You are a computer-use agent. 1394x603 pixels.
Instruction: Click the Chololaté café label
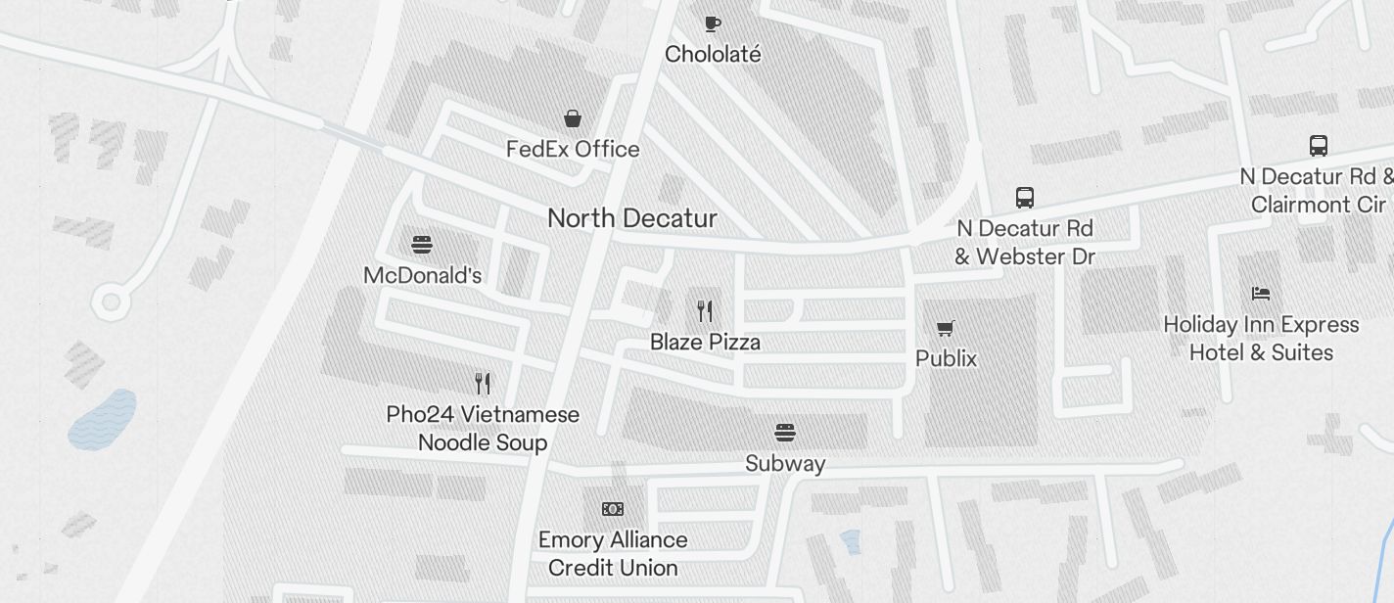(x=713, y=55)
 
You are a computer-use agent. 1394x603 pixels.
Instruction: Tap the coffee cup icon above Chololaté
(x=713, y=23)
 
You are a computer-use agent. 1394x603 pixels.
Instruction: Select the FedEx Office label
(x=573, y=150)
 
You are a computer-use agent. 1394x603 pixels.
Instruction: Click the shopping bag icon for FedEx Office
(x=573, y=118)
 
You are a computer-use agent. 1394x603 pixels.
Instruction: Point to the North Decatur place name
(x=632, y=218)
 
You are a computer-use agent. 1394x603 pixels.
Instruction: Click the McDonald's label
(x=422, y=276)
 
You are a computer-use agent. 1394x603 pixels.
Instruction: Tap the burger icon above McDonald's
(x=422, y=244)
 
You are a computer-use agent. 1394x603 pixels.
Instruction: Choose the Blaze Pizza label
(x=705, y=343)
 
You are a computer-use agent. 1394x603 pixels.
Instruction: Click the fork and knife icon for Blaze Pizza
(x=705, y=311)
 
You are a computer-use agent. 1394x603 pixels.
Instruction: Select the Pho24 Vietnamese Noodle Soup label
(x=483, y=429)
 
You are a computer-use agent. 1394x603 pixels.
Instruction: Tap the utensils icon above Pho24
(x=482, y=383)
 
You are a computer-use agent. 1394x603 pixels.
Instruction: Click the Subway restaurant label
(x=785, y=464)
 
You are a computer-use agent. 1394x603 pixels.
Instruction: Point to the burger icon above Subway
(x=785, y=432)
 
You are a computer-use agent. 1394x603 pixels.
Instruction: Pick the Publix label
(x=946, y=359)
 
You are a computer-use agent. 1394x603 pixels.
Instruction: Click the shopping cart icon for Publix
(x=946, y=328)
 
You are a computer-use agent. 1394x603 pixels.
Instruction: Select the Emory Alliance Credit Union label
(x=613, y=554)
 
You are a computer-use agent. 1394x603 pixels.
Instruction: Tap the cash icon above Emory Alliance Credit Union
(x=613, y=509)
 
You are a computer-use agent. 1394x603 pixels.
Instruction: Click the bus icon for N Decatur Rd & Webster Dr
(x=1025, y=198)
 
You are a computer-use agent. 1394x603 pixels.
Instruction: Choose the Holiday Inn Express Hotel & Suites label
(x=1261, y=339)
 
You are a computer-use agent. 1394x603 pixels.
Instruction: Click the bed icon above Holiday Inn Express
(x=1261, y=293)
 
